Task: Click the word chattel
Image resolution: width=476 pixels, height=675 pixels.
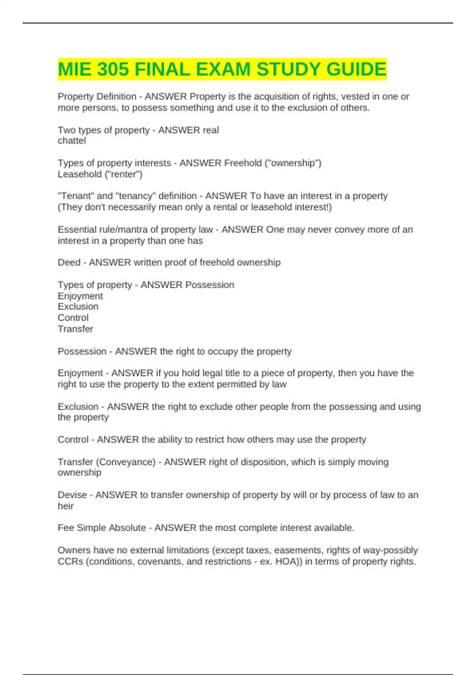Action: point(72,141)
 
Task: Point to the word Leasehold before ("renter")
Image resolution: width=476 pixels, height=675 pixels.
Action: point(79,174)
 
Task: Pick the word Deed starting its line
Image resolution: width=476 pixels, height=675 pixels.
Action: point(69,262)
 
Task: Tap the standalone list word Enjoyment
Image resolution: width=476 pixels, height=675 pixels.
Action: point(80,296)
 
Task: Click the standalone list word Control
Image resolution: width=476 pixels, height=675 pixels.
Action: point(73,318)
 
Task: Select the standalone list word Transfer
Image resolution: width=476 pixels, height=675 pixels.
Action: point(75,329)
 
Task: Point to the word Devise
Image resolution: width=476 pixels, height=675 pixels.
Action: point(72,495)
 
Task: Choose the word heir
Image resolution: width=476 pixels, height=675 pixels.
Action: point(65,506)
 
